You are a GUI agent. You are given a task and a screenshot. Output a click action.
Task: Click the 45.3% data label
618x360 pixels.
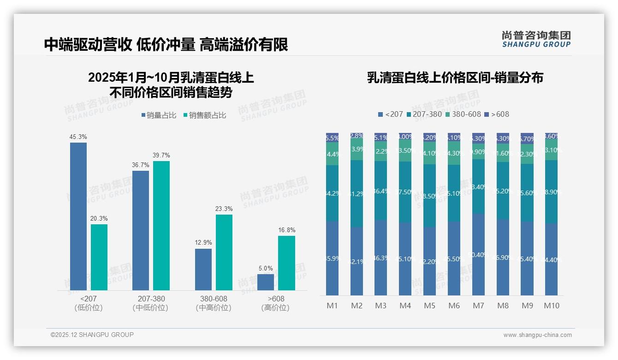click(x=78, y=137)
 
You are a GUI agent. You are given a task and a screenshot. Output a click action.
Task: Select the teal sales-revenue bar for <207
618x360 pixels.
click(x=99, y=257)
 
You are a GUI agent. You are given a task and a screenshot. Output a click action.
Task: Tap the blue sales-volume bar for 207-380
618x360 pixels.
click(x=141, y=230)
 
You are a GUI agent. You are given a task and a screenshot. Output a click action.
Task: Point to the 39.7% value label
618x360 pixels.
click(x=161, y=155)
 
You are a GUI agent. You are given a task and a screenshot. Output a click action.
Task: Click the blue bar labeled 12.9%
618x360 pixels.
click(x=203, y=270)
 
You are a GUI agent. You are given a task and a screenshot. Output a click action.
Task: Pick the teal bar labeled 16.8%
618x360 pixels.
click(x=286, y=263)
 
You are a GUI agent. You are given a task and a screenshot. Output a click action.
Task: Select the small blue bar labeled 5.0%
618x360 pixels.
click(x=266, y=282)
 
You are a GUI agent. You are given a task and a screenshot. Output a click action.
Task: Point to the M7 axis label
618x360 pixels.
click(x=478, y=306)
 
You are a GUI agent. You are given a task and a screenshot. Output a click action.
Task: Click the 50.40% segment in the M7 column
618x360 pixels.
click(x=478, y=254)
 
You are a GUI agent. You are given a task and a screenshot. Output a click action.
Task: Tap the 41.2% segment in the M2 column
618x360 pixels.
click(x=357, y=194)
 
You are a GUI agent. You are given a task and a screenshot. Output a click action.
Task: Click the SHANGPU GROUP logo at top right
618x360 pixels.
click(x=536, y=39)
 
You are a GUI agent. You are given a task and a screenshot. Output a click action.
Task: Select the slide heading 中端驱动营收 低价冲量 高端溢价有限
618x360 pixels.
click(x=166, y=44)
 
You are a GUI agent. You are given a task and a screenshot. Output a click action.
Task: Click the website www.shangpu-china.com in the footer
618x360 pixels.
click(x=537, y=335)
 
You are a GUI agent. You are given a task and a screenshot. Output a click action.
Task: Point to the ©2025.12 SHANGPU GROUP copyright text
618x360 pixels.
click(x=92, y=335)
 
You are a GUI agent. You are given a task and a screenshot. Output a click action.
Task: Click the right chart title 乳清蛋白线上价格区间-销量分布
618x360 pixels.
click(x=455, y=78)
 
